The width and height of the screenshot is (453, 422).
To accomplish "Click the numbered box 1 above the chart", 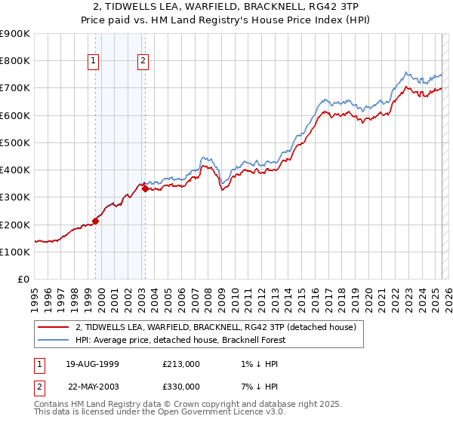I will point(94,62).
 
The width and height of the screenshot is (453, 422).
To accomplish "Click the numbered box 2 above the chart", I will point(143,62).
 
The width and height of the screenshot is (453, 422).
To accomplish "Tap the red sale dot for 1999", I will point(96,221).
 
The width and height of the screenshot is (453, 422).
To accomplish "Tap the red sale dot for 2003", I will point(145,189).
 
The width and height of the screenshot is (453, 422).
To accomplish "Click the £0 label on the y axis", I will point(24,279).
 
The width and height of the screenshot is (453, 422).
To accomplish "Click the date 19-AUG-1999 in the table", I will point(92,364).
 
